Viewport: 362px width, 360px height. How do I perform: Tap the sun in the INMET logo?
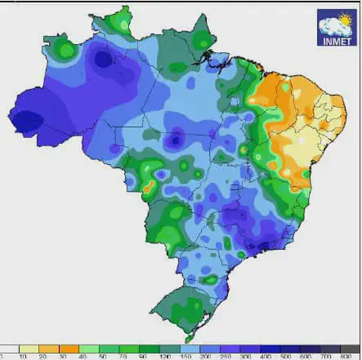pyautogui.click(x=345, y=18)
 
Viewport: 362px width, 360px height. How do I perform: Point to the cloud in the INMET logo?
pyautogui.click(x=330, y=22)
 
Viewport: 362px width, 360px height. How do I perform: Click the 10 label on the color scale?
pyautogui.click(x=20, y=357)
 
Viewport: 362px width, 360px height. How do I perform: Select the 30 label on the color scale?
pyautogui.click(x=61, y=357)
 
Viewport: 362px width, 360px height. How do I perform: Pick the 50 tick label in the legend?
pyautogui.click(x=102, y=357)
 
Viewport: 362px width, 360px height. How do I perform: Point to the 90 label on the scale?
pyautogui.click(x=143, y=357)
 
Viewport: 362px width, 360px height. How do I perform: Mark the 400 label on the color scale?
pyautogui.click(x=265, y=357)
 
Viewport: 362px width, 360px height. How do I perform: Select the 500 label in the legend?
pyautogui.click(x=285, y=357)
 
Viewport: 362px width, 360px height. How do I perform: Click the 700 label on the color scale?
pyautogui.click(x=326, y=357)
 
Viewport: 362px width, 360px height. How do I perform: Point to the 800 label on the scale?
pyautogui.click(x=346, y=357)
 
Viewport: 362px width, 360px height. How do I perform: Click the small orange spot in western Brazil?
pyautogui.click(x=148, y=187)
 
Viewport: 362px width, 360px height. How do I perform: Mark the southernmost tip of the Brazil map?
pyautogui.click(x=187, y=340)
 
